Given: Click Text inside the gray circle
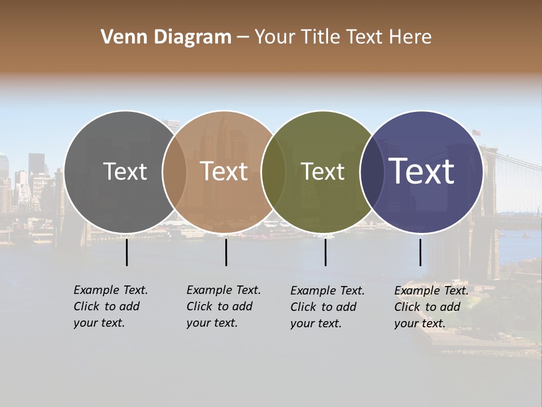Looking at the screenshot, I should click(125, 171).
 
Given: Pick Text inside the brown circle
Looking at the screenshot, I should click(224, 171).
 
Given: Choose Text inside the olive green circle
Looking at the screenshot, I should click(322, 171).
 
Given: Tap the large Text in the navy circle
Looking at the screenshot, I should click(421, 171).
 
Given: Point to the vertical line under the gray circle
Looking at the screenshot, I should click(126, 252).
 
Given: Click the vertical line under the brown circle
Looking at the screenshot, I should click(226, 252).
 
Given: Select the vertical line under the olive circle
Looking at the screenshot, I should click(325, 252).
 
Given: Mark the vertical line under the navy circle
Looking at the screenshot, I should click(420, 252).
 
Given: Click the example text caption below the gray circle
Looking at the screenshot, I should click(110, 306).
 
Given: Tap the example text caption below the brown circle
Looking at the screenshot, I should click(223, 306).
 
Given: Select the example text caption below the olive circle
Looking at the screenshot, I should click(327, 307).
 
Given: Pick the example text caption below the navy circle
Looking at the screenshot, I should click(431, 307).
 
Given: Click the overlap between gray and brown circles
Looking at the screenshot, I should click(174, 171).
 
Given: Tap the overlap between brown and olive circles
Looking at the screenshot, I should click(273, 171).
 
